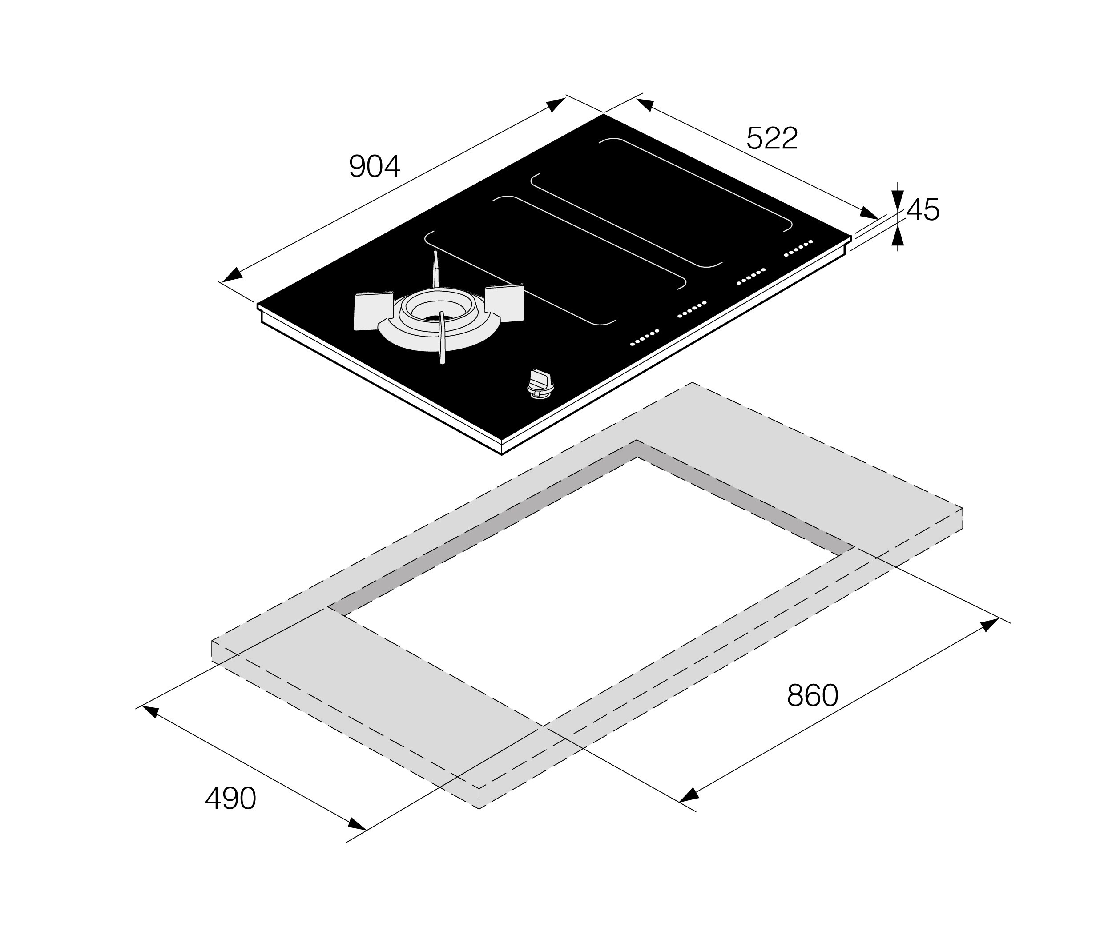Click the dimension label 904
point(375,166)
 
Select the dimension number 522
point(772,138)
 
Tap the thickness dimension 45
point(923,210)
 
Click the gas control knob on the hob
point(540,382)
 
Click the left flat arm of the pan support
point(373,311)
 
